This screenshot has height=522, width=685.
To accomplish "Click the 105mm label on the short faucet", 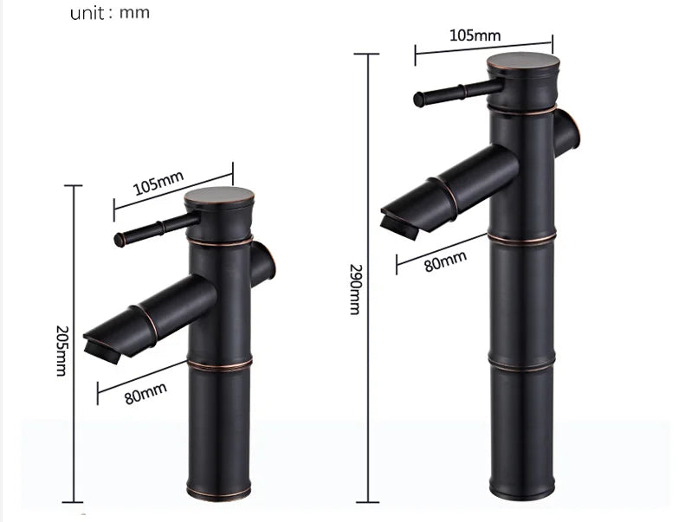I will [x=158, y=184].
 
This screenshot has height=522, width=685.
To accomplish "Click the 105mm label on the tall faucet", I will [x=475, y=35].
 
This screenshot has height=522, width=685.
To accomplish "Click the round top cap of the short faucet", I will [x=220, y=197].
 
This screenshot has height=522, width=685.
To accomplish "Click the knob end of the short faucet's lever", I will [x=121, y=237].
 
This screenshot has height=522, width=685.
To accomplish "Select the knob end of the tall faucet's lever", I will [x=420, y=98].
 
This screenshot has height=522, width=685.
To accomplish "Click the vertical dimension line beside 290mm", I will [x=371, y=277].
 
